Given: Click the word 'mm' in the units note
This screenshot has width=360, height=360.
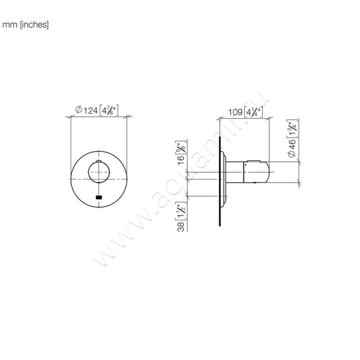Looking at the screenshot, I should tap(9, 25).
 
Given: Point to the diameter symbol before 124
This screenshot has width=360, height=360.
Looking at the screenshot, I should tap(78, 111).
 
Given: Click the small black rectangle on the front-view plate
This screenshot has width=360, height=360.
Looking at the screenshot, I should tap(99, 197).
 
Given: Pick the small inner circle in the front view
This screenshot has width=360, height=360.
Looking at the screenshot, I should tap(99, 173).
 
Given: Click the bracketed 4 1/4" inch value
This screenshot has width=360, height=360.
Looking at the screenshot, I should tap(253, 112).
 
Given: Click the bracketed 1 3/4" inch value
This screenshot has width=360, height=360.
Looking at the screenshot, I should tap(292, 128).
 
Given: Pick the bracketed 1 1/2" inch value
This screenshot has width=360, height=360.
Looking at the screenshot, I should tap(182, 210).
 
